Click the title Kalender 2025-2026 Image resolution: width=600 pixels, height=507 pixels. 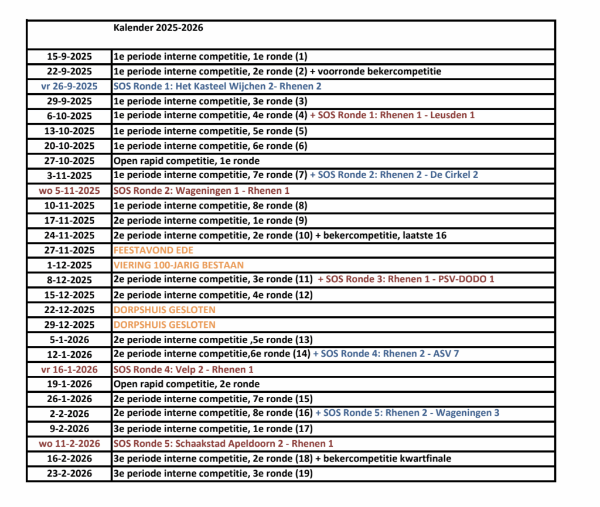pos(158,28)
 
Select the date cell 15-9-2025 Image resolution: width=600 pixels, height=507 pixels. pos(70,57)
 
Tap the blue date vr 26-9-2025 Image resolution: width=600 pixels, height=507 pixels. pos(70,86)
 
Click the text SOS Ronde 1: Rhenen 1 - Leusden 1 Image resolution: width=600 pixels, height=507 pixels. pos(393,115)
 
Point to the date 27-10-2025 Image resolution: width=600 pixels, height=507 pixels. pos(70,160)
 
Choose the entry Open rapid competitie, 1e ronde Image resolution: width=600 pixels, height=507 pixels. pos(186,160)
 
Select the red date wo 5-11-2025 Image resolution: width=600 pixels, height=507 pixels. pos(70,190)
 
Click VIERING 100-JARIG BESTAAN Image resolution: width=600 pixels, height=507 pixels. pos(179,265)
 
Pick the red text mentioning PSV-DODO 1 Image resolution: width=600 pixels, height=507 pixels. pos(406,279)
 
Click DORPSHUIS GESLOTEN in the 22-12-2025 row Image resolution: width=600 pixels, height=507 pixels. pos(165,310)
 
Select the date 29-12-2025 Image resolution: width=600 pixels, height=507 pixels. pos(70,324)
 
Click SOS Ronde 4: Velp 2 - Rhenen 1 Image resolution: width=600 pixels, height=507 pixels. pos(183,369)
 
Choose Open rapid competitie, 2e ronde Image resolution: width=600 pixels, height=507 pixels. pos(186,384)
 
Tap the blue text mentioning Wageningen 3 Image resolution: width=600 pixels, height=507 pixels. pos(407,413)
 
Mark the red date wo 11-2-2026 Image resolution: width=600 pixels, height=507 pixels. pos(70,443)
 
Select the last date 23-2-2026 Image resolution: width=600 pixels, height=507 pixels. pos(70,473)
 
